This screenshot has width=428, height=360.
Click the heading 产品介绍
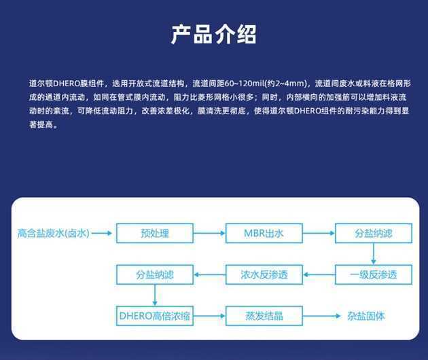click(x=213, y=35)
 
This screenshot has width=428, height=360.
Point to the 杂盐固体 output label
click(x=365, y=316)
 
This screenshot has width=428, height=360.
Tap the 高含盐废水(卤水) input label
click(x=53, y=234)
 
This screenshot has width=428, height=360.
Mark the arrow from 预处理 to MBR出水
click(x=209, y=233)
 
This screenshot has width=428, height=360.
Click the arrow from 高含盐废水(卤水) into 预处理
click(x=102, y=233)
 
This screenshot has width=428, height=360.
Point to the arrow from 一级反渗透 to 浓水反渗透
click(x=319, y=274)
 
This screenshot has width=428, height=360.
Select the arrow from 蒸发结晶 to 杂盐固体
click(x=322, y=316)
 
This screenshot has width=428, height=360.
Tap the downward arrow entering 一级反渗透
click(x=374, y=254)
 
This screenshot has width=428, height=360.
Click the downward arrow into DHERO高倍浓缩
click(x=155, y=295)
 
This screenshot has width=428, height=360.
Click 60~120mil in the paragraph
click(x=244, y=84)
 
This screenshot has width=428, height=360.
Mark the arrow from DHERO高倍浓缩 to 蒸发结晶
click(x=209, y=316)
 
